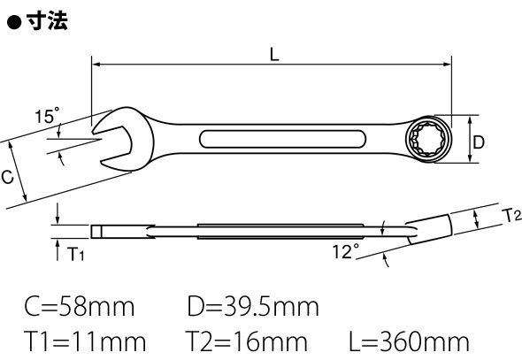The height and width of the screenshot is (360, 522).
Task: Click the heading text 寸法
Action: click(x=47, y=21)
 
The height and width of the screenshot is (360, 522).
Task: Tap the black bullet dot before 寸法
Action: click(x=14, y=23)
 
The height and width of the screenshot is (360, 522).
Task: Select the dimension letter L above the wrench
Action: click(x=274, y=55)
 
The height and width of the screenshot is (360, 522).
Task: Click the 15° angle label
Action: click(x=47, y=116)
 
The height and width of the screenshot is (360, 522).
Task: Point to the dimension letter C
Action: click(x=7, y=177)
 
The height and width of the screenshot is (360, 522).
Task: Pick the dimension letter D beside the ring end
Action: click(x=479, y=142)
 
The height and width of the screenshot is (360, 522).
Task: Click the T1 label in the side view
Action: click(x=76, y=254)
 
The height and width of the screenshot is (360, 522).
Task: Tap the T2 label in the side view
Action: click(x=511, y=215)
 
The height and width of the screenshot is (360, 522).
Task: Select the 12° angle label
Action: click(x=346, y=251)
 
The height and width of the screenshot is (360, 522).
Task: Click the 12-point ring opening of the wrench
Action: click(x=428, y=139)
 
